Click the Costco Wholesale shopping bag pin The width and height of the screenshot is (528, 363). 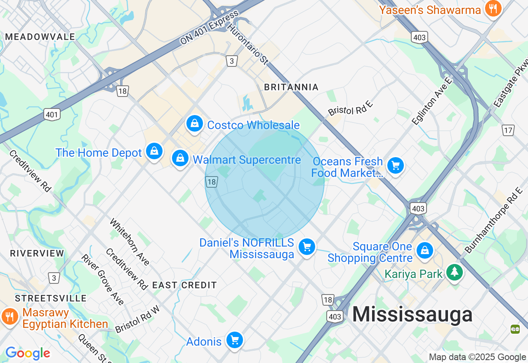coord(194,123)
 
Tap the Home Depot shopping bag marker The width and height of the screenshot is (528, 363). coord(154,151)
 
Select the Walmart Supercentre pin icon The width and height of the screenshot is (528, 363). coord(180,158)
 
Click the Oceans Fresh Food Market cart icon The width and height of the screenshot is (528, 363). coord(396,166)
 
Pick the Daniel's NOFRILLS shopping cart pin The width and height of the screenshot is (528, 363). coord(307,247)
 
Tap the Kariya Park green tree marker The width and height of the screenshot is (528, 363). coord(454,271)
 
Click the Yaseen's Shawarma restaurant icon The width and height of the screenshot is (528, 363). coord(493,8)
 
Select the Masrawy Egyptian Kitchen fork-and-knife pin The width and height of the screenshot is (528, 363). coord(9,317)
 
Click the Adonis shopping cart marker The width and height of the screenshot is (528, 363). coord(235,340)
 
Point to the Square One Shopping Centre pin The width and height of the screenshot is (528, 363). coord(424,250)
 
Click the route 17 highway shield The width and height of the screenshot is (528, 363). coord(508,130)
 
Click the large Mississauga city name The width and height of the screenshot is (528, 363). coord(412,315)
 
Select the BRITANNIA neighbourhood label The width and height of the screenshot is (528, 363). coord(291,87)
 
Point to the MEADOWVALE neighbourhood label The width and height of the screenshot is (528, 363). coord(40,37)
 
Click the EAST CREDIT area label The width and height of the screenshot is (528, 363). coord(184,285)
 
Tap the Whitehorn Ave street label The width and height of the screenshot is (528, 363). coord(130,242)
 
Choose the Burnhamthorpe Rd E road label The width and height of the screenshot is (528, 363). coord(493,220)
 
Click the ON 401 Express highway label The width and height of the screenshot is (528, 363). coord(209,28)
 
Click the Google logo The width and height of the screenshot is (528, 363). coord(28,353)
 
